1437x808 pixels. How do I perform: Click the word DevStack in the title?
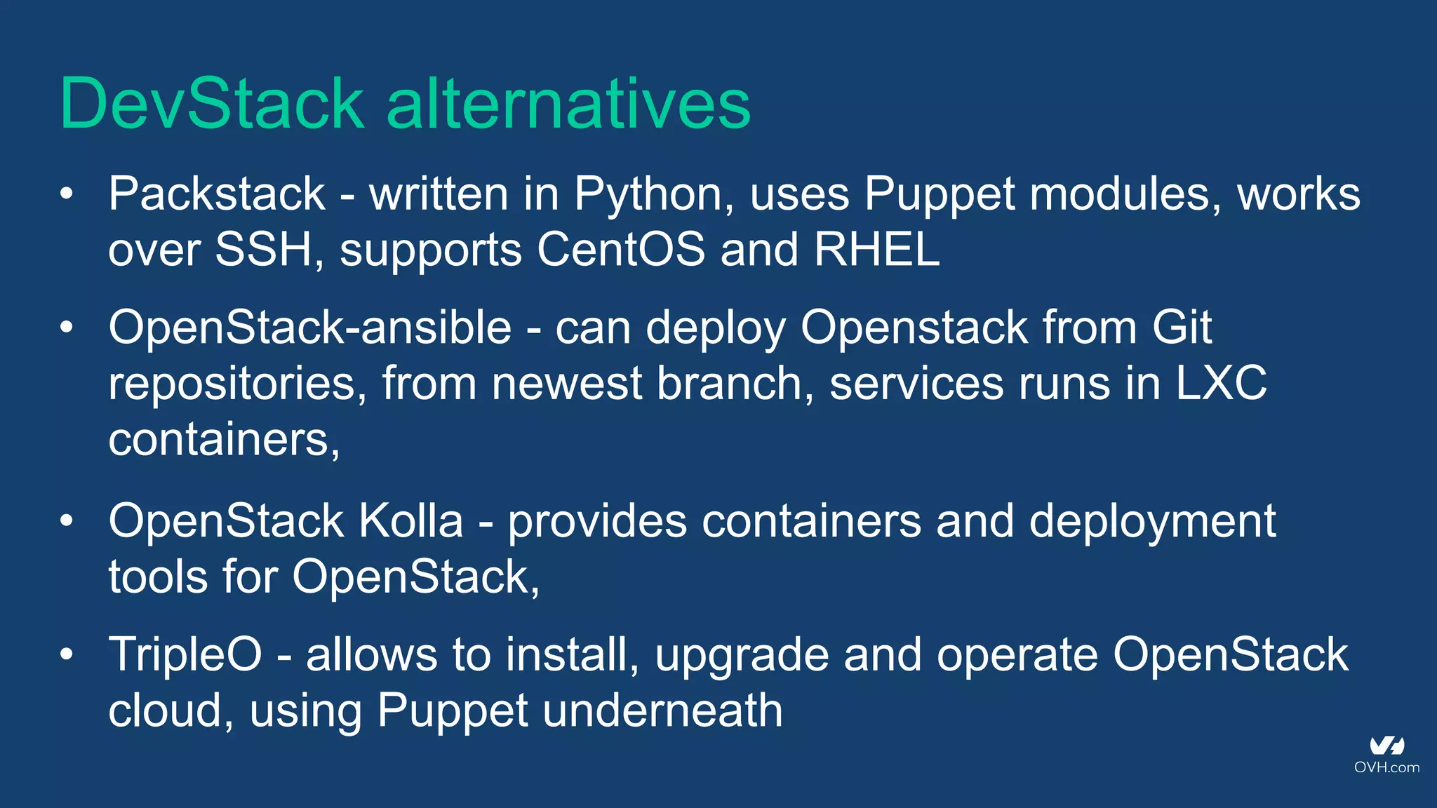tap(212, 104)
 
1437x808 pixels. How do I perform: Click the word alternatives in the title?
tap(568, 104)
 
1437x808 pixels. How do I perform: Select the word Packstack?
tap(217, 194)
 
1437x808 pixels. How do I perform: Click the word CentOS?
tap(621, 250)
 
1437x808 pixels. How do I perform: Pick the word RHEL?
tap(877, 250)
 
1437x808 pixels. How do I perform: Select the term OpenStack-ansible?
tap(310, 328)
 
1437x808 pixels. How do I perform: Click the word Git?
tap(1182, 328)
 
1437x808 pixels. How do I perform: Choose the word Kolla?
tap(411, 521)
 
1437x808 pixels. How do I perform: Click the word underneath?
tap(662, 711)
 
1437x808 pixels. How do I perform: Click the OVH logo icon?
tap(1386, 746)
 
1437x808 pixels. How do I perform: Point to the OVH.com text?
tap(1386, 767)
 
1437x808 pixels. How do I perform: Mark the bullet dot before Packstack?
tap(67, 194)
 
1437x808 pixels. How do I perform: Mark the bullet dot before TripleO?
tap(67, 654)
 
